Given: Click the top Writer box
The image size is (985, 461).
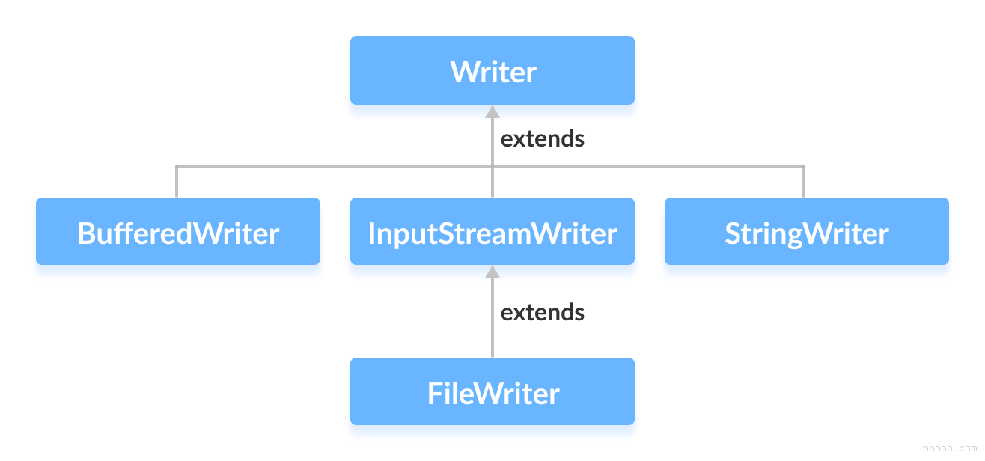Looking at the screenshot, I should click(492, 70).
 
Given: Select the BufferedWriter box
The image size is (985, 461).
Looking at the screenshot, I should click(178, 231).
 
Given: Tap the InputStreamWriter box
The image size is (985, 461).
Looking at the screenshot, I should click(492, 231).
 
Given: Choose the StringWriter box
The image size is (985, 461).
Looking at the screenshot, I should click(806, 231).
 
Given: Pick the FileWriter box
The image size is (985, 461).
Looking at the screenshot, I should click(492, 391).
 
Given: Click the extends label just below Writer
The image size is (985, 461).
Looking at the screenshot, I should click(542, 139).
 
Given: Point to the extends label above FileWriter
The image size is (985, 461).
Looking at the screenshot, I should click(542, 312).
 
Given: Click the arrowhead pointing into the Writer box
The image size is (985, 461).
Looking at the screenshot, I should click(492, 112).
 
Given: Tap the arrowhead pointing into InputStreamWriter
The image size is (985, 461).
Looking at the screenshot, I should click(492, 272).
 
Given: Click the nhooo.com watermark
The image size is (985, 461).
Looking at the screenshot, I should click(949, 448).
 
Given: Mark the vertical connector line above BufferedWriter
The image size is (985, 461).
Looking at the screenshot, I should click(177, 182).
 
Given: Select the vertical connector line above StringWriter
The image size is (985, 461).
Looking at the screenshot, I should click(804, 182).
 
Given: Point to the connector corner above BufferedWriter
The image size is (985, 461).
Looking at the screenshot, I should click(177, 166).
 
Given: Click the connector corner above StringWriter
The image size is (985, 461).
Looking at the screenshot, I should click(804, 166).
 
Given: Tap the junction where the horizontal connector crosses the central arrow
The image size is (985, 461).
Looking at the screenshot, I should click(492, 166).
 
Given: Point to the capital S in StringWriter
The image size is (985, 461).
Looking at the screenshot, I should click(733, 234).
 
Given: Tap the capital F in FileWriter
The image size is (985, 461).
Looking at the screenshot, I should click(435, 394).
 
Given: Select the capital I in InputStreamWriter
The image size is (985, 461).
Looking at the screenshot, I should click(371, 234).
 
